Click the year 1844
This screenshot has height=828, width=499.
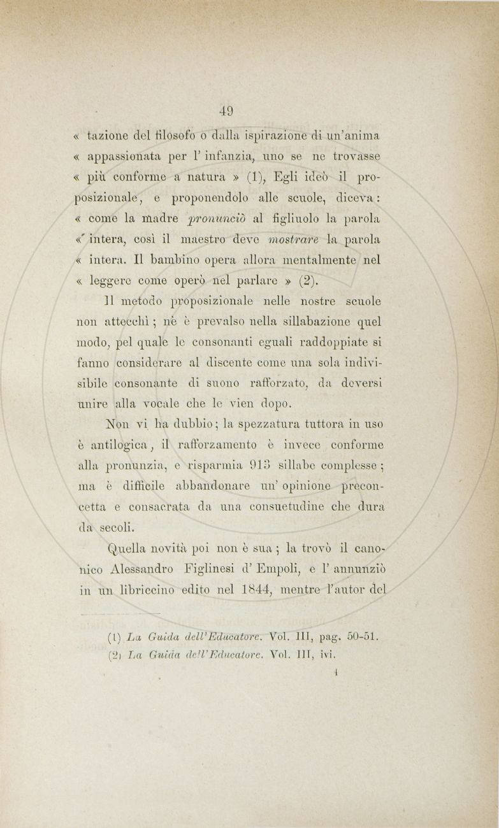(261, 588)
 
